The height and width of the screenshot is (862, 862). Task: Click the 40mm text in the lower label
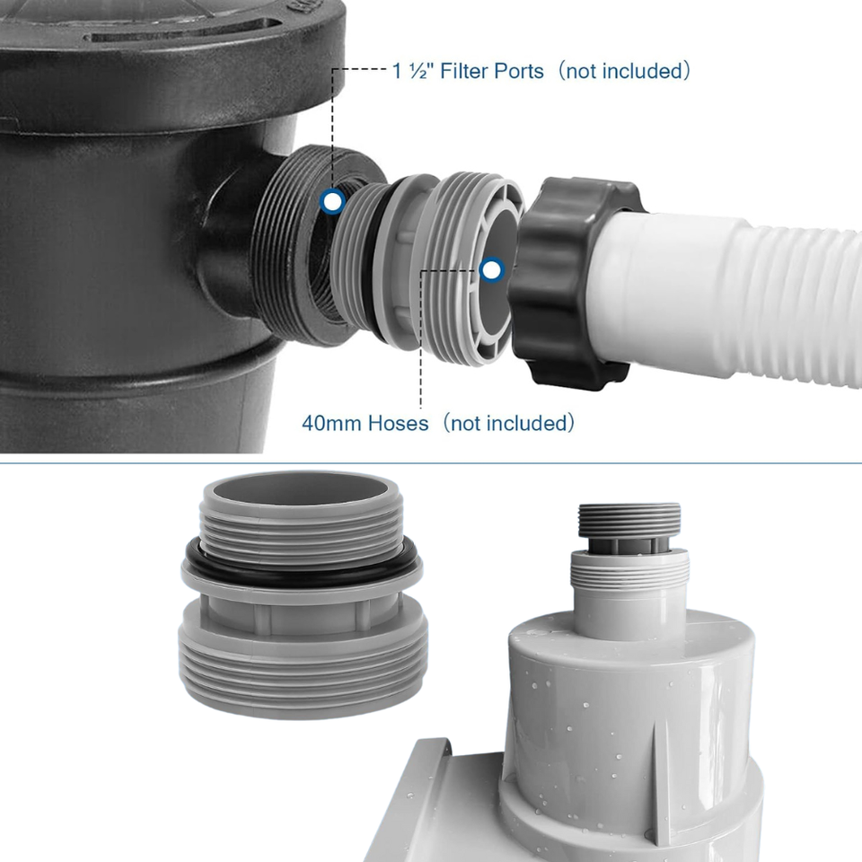click(331, 423)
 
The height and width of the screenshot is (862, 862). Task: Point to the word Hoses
click(398, 423)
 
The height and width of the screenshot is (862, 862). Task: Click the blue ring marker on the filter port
click(332, 202)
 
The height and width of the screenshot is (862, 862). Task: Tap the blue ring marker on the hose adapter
click(492, 270)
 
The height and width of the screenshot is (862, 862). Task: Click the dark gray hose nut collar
click(575, 280)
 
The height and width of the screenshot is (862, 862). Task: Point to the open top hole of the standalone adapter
click(301, 488)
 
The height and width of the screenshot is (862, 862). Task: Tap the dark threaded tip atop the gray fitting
click(629, 520)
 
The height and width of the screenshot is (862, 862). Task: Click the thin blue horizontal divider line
click(431, 463)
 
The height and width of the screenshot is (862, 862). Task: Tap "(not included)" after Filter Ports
click(623, 72)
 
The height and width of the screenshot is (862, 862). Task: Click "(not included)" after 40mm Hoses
click(508, 423)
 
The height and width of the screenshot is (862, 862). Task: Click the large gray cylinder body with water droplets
click(632, 731)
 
